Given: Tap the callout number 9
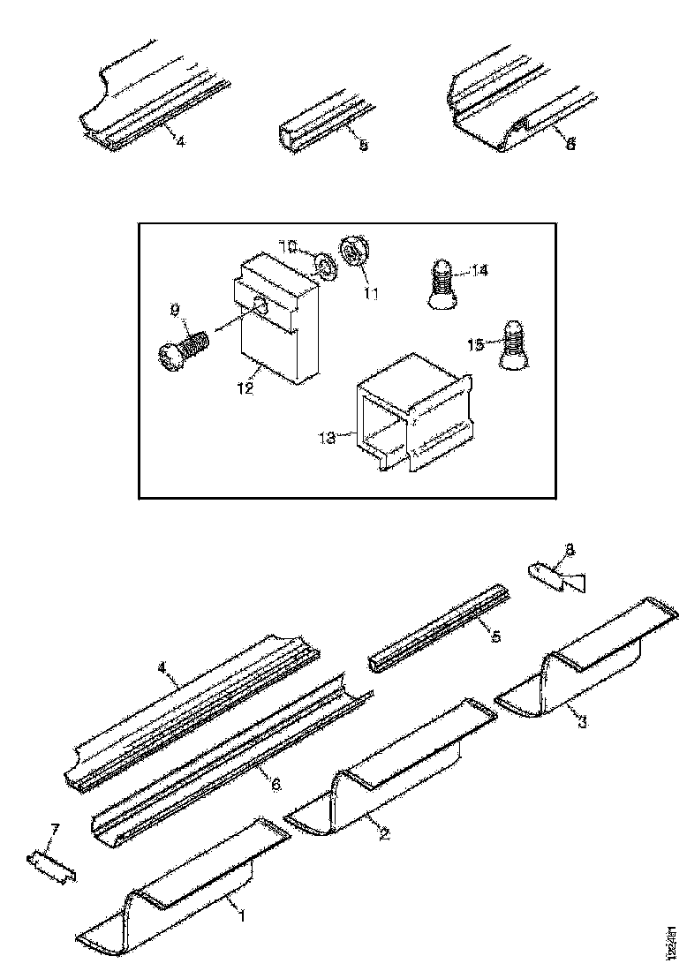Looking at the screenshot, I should [x=175, y=309].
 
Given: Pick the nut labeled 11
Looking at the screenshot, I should [x=351, y=252].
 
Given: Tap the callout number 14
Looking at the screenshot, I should [x=479, y=271].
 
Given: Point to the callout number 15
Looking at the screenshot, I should [x=476, y=345].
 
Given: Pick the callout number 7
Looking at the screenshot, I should [x=55, y=829].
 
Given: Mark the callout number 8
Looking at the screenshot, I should [x=569, y=550].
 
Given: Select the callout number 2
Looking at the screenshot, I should [x=384, y=832].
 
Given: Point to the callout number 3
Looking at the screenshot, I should [x=581, y=722].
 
